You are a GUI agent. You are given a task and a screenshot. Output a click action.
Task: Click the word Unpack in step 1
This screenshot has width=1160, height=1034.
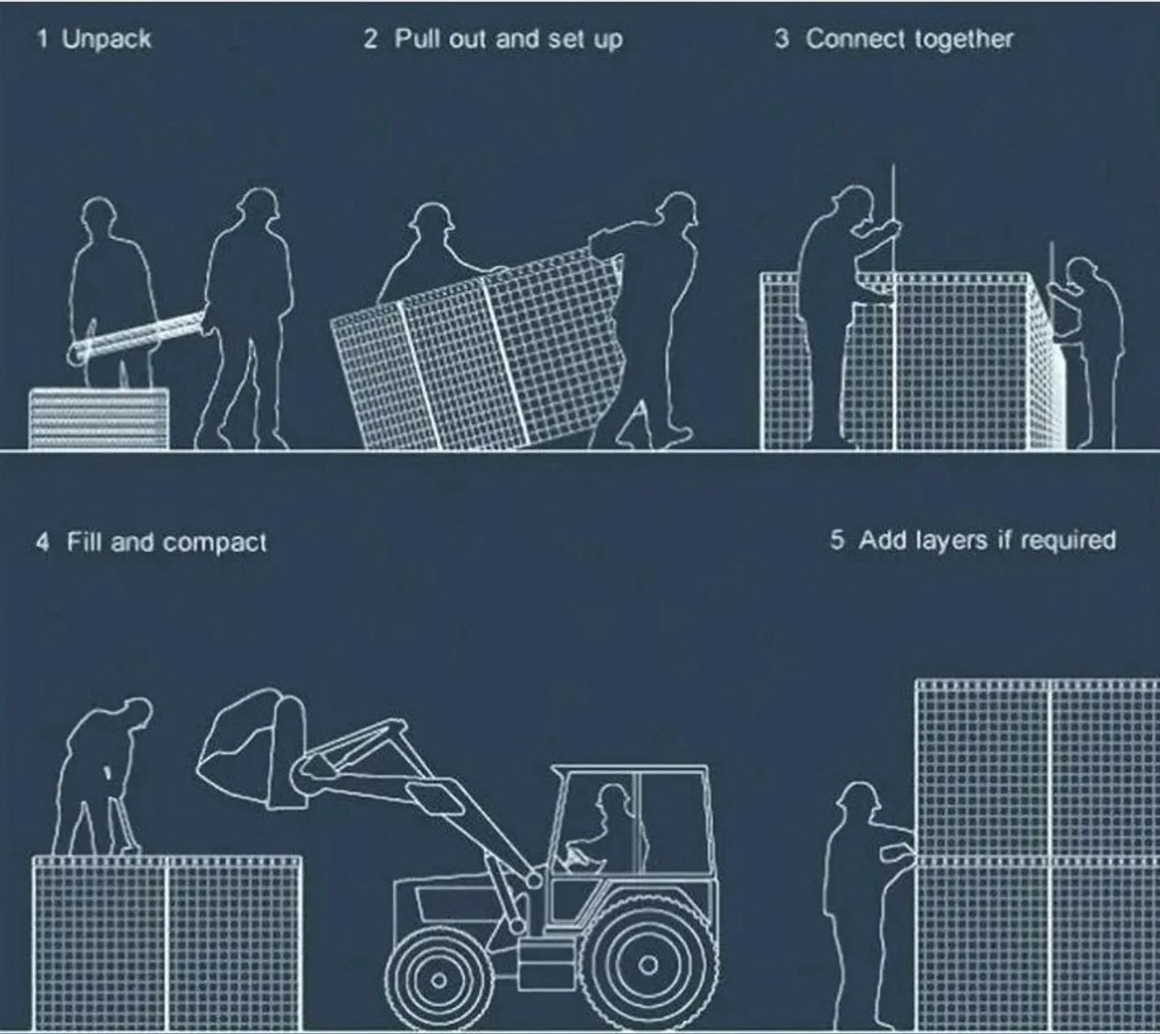pos(107,39)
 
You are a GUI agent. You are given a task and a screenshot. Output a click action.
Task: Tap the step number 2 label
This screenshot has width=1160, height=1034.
pos(370,39)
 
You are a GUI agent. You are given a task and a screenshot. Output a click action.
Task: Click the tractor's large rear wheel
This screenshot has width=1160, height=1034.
pos(647,965)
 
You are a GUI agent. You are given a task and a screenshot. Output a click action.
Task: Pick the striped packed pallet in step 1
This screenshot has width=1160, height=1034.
pos(99,418)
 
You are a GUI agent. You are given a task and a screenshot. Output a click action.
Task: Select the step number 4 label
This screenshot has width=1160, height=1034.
pos(42,542)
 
